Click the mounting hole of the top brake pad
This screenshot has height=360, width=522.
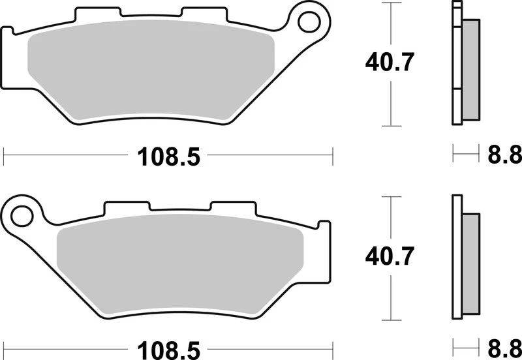[x=306, y=22]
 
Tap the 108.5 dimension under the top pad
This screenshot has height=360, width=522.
[x=167, y=157]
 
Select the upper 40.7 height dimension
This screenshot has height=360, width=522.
[x=390, y=63]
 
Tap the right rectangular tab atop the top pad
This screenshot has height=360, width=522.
[x=196, y=14]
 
